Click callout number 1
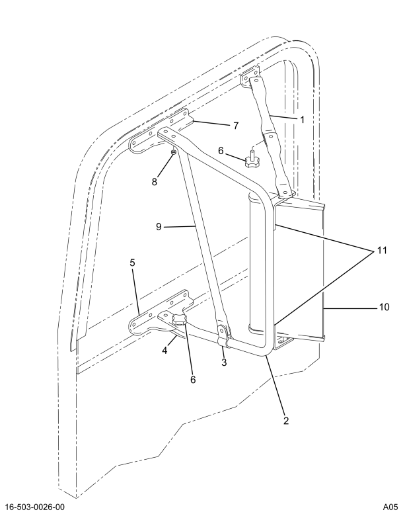pyautogui.click(x=302, y=120)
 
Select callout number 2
pyautogui.click(x=286, y=421)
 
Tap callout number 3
pyautogui.click(x=224, y=363)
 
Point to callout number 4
pyautogui.click(x=165, y=351)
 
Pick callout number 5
pyautogui.click(x=132, y=263)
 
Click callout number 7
pyautogui.click(x=236, y=126)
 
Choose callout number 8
pyautogui.click(x=154, y=182)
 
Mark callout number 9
pyautogui.click(x=159, y=226)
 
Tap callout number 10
pyautogui.click(x=385, y=307)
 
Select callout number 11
pyautogui.click(x=382, y=251)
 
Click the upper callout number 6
pyautogui.click(x=221, y=151)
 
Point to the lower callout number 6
pyautogui.click(x=193, y=379)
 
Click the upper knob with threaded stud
pyautogui.click(x=252, y=159)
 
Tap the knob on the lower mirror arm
pyautogui.click(x=179, y=320)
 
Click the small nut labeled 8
pyautogui.click(x=174, y=151)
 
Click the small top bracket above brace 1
pyautogui.click(x=250, y=77)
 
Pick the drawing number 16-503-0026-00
pyautogui.click(x=35, y=507)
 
